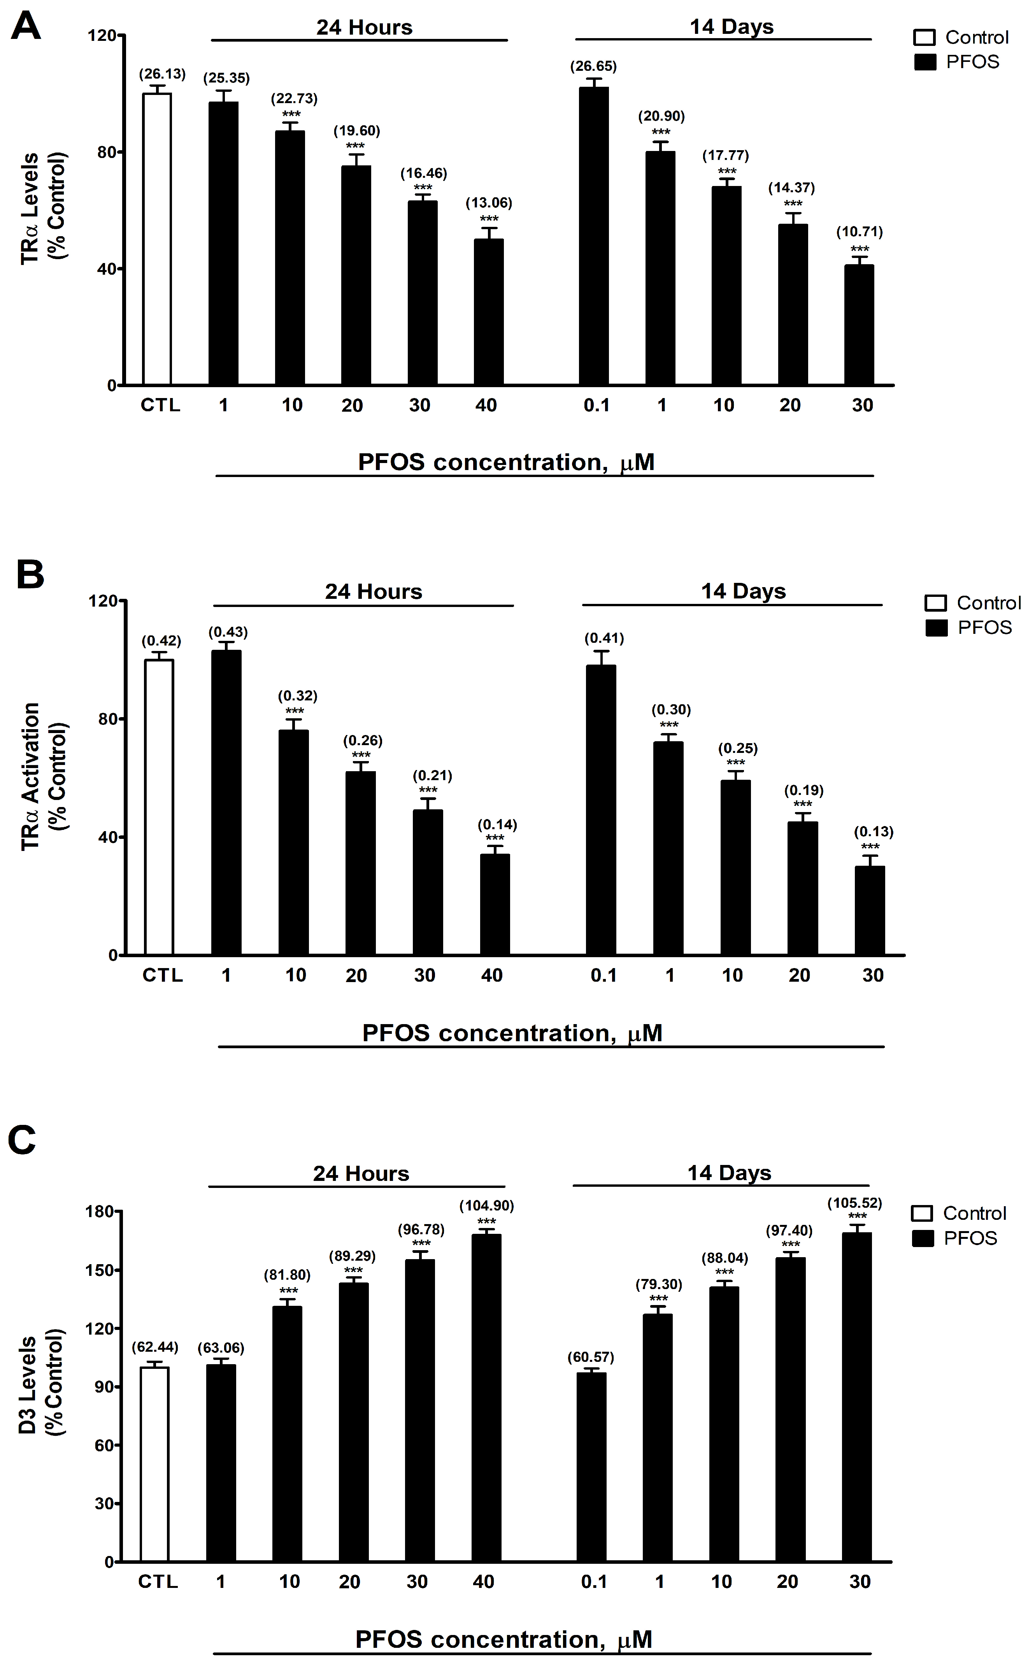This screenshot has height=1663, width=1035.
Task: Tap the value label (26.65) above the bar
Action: tap(593, 67)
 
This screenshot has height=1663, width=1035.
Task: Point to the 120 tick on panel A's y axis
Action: tap(101, 35)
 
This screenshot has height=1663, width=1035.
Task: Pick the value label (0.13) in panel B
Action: tap(874, 831)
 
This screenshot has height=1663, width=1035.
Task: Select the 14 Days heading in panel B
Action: tap(744, 591)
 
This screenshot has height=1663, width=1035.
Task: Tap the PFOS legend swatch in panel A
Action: tap(925, 62)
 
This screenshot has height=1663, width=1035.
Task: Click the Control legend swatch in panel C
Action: tap(922, 1213)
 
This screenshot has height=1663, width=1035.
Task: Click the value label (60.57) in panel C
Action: tap(591, 1357)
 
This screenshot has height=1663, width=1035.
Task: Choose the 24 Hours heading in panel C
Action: tap(361, 1174)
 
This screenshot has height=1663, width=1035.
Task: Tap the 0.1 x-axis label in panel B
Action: tap(604, 975)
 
